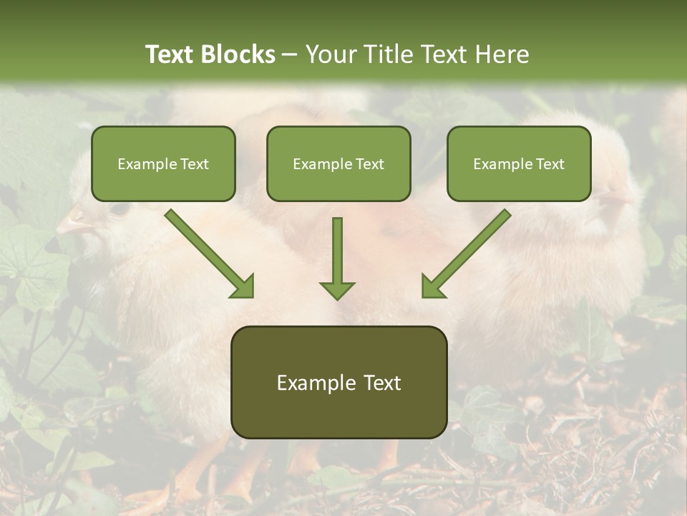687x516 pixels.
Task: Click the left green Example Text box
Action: pos(163,163)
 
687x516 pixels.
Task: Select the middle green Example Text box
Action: pos(338,163)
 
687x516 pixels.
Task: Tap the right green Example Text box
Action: pos(519,163)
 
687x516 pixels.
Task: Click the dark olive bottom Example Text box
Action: pos(338,383)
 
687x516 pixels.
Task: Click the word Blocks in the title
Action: pos(239,54)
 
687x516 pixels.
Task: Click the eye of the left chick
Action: pos(119,209)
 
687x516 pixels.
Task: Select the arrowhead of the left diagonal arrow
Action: pos(243,287)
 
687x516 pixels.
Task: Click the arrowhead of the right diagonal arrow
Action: pos(432,287)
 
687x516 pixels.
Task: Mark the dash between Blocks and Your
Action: pos(290,54)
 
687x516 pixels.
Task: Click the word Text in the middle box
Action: pos(369,163)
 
